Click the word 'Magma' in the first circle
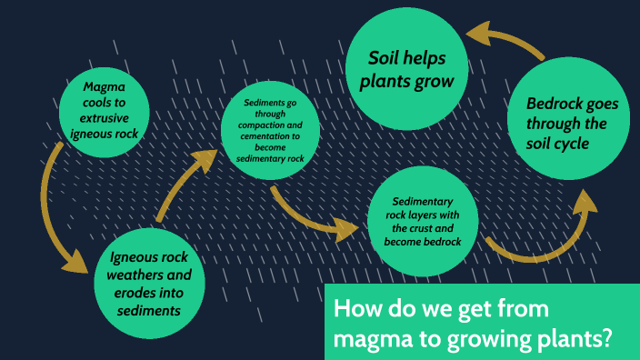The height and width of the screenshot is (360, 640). coord(102,87)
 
